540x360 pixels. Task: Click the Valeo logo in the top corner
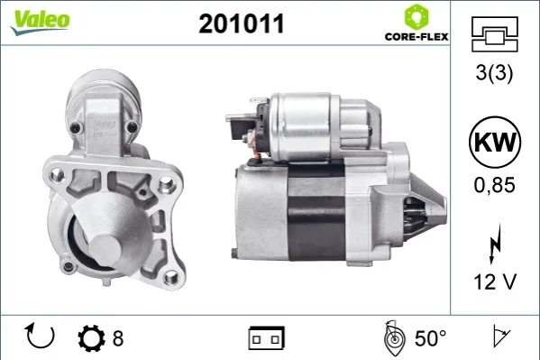click(x=40, y=22)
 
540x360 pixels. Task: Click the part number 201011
click(x=242, y=23)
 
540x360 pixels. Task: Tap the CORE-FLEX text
click(x=416, y=37)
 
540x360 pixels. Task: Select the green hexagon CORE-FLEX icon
click(x=416, y=16)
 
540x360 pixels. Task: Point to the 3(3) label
click(x=494, y=73)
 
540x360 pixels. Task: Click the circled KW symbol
click(x=495, y=142)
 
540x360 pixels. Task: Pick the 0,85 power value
click(x=495, y=185)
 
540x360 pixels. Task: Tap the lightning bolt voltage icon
click(x=495, y=244)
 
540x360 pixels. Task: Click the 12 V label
click(x=495, y=282)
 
